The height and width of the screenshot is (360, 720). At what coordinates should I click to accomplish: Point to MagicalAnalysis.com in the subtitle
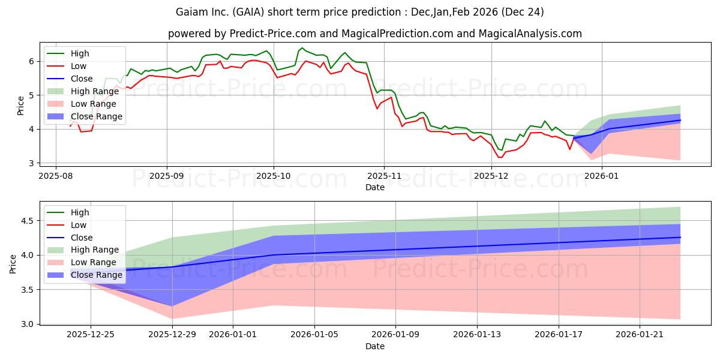(530, 34)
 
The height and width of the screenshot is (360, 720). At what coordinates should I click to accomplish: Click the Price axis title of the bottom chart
(13, 263)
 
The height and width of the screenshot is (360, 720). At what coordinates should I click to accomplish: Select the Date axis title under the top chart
(375, 188)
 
